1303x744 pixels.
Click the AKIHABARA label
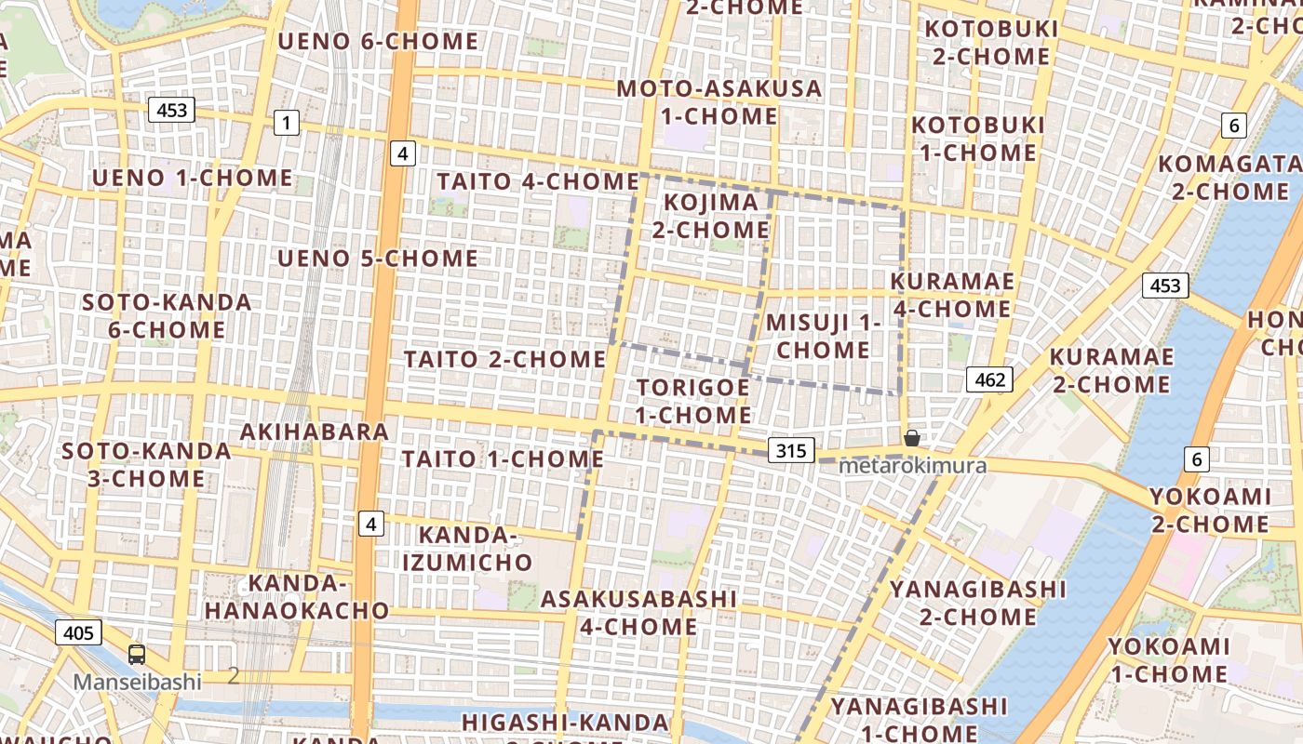click(x=314, y=432)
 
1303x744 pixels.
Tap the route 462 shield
click(x=989, y=379)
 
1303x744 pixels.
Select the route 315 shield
click(x=791, y=451)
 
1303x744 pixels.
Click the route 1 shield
click(x=287, y=122)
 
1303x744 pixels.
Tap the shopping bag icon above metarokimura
click(x=912, y=438)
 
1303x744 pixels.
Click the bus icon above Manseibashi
click(x=137, y=655)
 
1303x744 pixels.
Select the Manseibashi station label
click(x=137, y=682)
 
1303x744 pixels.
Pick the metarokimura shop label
click(x=912, y=465)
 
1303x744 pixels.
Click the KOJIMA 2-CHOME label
click(x=710, y=216)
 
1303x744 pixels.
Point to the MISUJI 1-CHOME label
click(x=823, y=336)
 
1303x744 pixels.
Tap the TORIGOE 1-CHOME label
click(x=693, y=401)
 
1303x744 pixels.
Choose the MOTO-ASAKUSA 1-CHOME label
click(x=719, y=102)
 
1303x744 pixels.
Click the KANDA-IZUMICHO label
click(x=467, y=549)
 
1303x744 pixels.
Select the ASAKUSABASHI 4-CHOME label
click(x=638, y=612)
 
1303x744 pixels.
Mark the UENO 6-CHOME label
click(x=377, y=42)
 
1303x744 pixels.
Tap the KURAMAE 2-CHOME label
click(x=1110, y=370)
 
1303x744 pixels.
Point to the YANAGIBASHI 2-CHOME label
click(x=977, y=603)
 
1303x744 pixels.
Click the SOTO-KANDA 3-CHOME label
click(x=146, y=465)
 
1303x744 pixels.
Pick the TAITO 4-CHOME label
click(x=537, y=182)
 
